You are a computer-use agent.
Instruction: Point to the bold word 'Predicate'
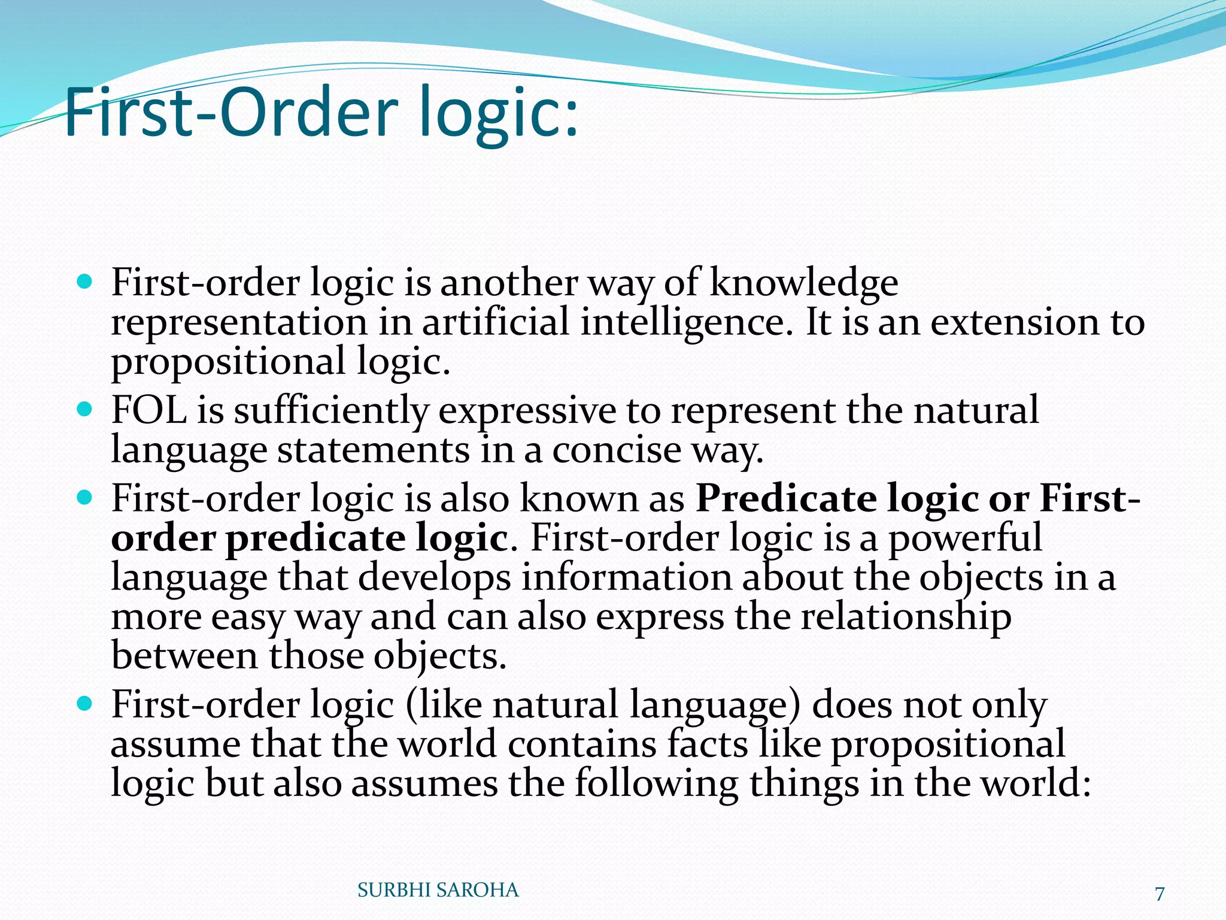[x=785, y=498]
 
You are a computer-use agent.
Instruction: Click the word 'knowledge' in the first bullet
[x=803, y=283]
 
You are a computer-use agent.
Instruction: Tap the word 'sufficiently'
[x=331, y=411]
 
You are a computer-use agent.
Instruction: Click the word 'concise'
[x=616, y=450]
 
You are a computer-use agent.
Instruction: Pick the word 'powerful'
[x=965, y=538]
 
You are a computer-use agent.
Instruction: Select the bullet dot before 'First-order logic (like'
[x=85, y=704]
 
